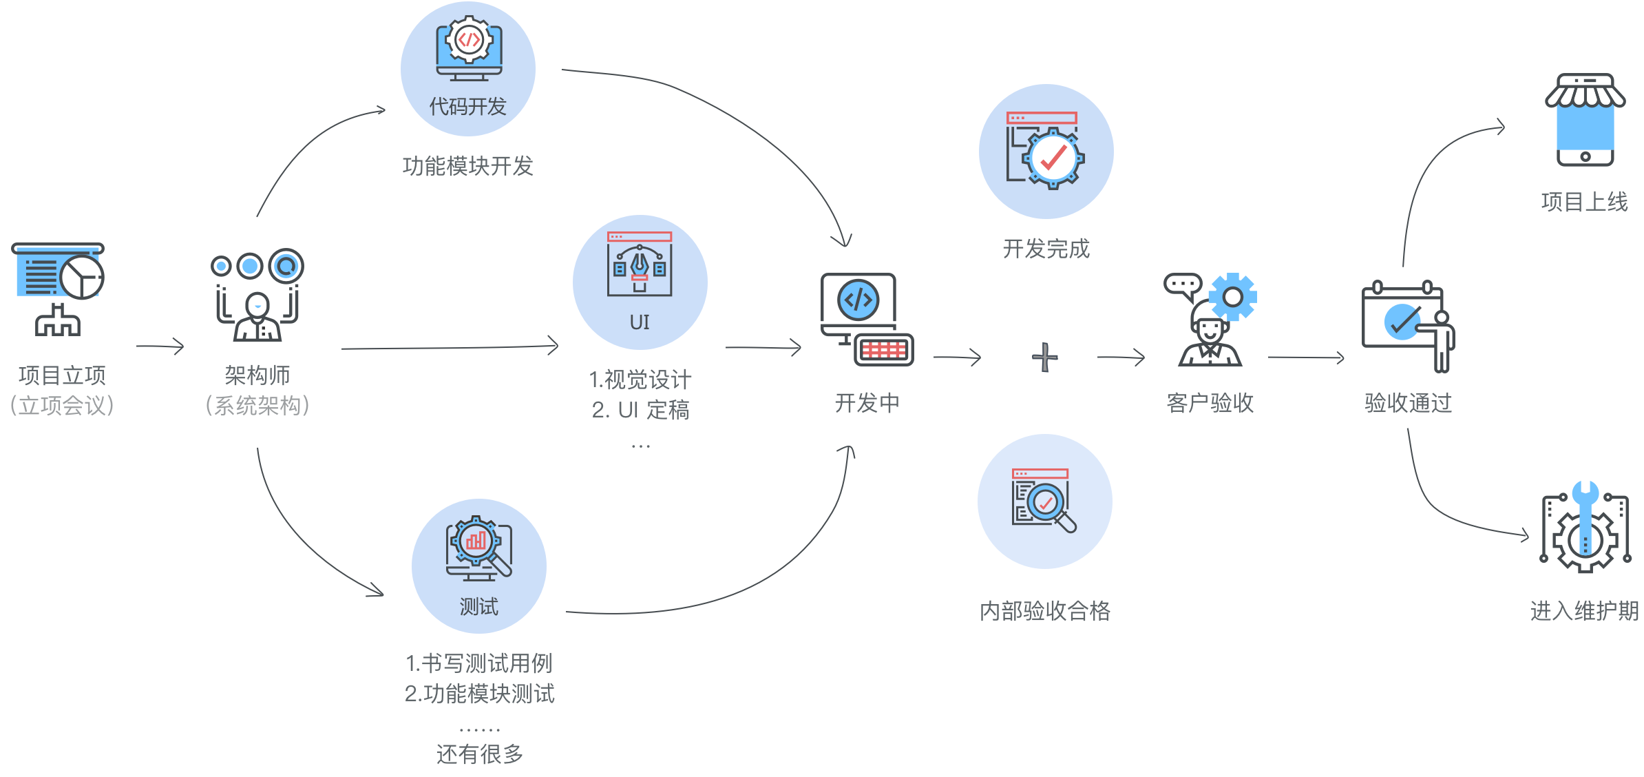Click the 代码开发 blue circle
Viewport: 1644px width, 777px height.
[468, 69]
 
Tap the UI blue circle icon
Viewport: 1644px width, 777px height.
[640, 282]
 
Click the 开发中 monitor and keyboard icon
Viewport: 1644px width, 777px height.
[867, 320]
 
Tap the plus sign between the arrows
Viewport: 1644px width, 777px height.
[1044, 358]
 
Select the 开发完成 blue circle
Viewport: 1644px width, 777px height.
[1046, 152]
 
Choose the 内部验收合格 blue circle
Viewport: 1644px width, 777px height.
[1044, 501]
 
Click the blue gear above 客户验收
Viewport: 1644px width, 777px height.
[1232, 297]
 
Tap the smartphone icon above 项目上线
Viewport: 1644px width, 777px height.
[1585, 121]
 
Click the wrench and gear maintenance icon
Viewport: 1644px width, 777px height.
[1585, 528]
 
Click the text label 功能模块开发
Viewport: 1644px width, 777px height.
[467, 166]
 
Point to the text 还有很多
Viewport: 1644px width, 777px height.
[479, 754]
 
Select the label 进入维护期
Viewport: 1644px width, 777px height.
[1584, 611]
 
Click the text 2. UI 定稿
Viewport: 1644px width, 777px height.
[640, 410]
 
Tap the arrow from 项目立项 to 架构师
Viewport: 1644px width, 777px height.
[160, 346]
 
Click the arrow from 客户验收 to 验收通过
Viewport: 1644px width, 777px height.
[1306, 358]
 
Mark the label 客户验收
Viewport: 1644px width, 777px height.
[1210, 403]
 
